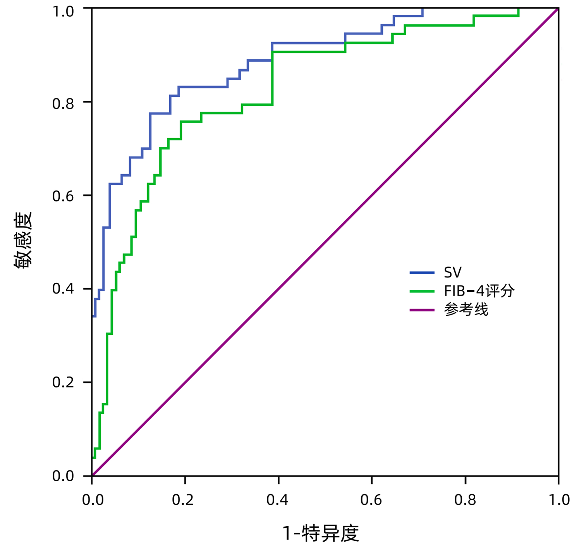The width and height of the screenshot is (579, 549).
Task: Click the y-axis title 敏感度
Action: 23,241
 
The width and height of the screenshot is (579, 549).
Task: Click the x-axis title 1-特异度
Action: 321,533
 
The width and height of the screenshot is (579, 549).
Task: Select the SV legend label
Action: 452,273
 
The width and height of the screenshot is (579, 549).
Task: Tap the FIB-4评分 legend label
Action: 479,291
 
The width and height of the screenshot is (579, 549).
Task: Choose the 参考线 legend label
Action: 466,310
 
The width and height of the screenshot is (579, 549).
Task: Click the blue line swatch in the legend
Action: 422,273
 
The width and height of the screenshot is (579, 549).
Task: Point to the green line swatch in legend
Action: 422,291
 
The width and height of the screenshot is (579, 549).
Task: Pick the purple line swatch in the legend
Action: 422,310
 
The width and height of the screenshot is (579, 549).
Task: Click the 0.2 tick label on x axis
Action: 183,500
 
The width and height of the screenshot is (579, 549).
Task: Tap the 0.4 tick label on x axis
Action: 277,500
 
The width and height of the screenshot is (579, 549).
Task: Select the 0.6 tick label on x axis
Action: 371,500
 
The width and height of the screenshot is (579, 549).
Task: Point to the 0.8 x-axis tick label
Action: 465,500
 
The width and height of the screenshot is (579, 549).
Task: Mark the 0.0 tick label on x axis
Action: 93,500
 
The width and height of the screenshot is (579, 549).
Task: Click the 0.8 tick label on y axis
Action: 63,104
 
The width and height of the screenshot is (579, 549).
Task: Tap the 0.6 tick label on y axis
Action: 63,196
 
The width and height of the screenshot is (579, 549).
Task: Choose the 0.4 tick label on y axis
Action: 63,289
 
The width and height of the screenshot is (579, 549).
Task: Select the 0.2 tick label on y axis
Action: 63,382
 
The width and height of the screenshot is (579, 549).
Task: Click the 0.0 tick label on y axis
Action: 63,476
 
